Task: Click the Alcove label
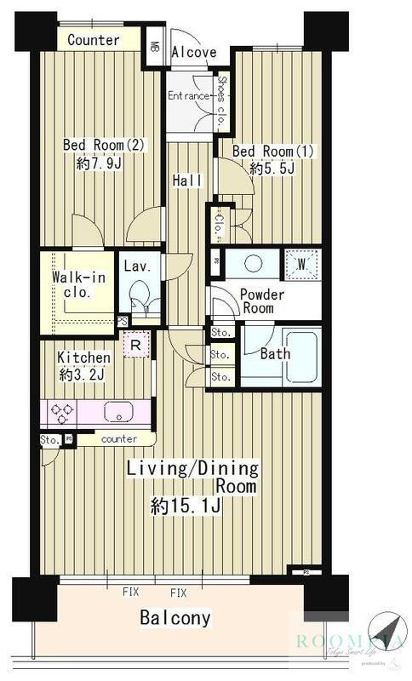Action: pos(193,53)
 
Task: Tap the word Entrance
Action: pos(187,95)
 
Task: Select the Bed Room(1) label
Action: pos(273,152)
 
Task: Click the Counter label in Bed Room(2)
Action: pos(93,40)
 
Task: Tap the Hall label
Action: pos(187,180)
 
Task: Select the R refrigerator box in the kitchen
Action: pos(135,345)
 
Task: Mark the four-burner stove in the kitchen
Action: pos(62,413)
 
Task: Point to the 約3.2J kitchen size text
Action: pos(83,375)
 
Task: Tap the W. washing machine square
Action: pos(300,263)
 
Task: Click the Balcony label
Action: pos(175,618)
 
